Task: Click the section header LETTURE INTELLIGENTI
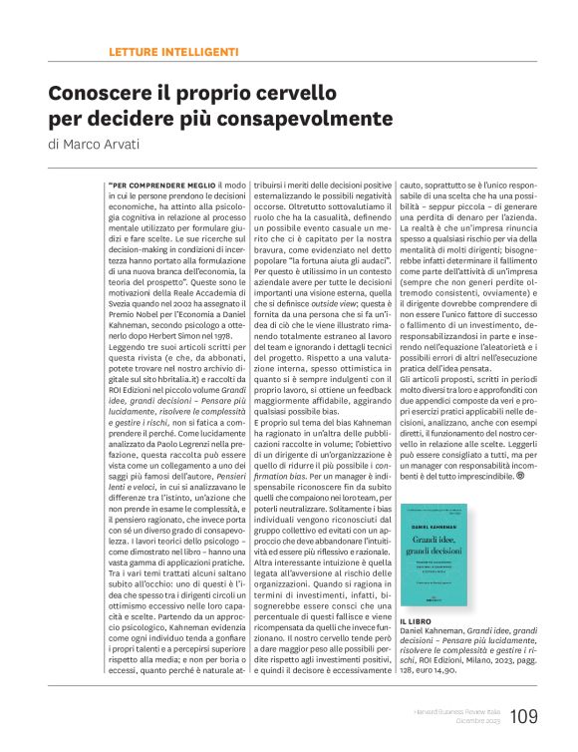[x=172, y=50]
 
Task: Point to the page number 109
[x=525, y=715]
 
